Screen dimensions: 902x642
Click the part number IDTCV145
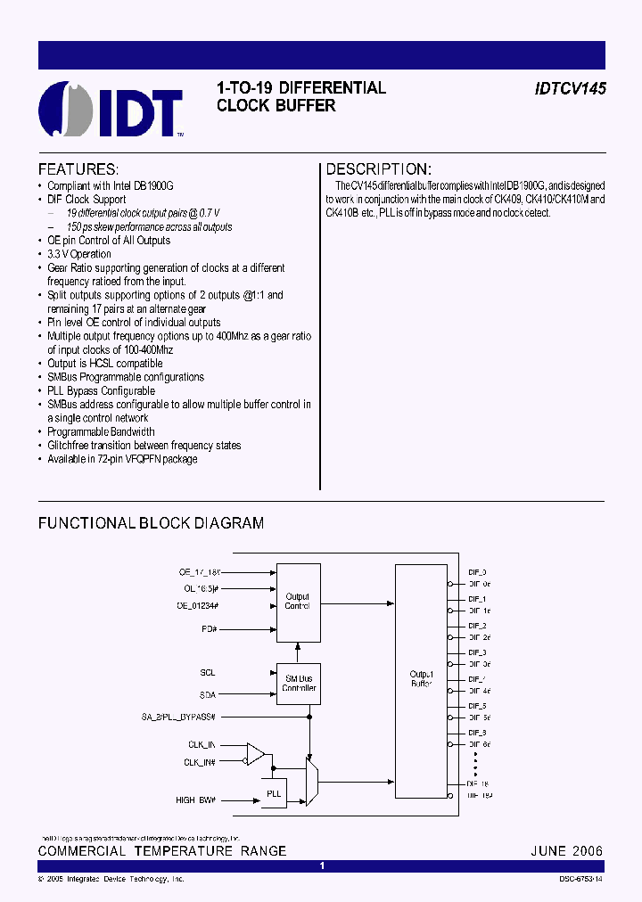[571, 89]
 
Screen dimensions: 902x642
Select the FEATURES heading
[78, 169]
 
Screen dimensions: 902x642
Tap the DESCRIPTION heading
[378, 169]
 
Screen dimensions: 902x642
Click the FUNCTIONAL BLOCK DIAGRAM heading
[151, 523]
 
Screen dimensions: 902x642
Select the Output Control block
[298, 602]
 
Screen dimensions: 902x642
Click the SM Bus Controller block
[299, 683]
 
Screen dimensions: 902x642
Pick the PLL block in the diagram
[274, 792]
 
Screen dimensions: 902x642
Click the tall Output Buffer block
[421, 680]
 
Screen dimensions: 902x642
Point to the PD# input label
[210, 628]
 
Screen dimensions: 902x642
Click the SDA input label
[208, 694]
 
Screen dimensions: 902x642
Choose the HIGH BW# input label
[198, 800]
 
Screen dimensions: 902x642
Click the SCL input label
[208, 673]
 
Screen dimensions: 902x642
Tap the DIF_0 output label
[478, 572]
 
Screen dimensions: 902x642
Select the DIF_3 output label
[478, 652]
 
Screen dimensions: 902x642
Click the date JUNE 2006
[565, 851]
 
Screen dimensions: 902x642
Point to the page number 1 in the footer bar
[322, 866]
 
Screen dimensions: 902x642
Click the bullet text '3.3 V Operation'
[79, 254]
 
